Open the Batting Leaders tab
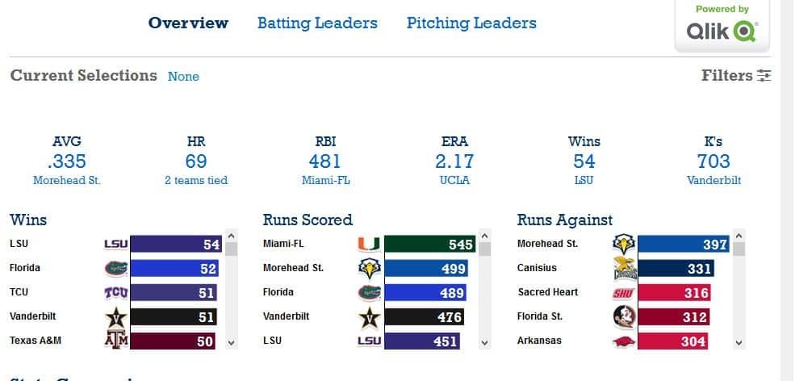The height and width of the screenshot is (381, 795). click(x=317, y=23)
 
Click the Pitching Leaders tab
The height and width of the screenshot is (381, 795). click(x=471, y=23)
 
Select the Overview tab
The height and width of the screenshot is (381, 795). click(x=188, y=23)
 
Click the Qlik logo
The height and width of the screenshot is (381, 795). click(x=722, y=31)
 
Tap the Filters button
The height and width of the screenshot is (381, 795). click(x=736, y=75)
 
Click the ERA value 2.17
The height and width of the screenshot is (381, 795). click(x=454, y=161)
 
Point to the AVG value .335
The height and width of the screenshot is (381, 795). click(x=67, y=161)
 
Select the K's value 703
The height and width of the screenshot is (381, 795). click(x=713, y=161)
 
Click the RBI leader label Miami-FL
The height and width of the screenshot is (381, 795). click(x=325, y=180)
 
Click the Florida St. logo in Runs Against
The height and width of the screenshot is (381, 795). click(x=625, y=316)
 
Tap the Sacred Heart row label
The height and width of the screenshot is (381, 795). click(x=548, y=292)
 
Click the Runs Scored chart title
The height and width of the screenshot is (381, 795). click(x=308, y=220)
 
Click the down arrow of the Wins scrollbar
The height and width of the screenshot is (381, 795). click(x=232, y=342)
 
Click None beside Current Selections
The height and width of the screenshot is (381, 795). click(x=183, y=76)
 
